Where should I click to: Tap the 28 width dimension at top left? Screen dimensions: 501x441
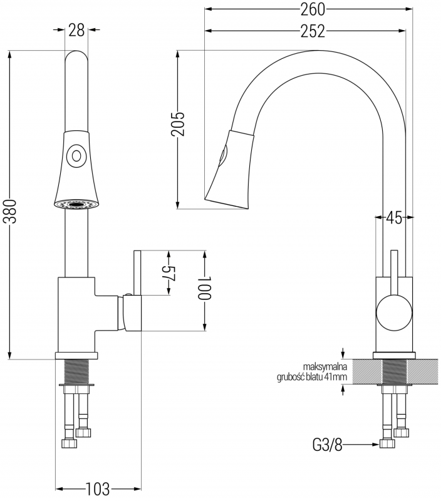(x=76, y=30)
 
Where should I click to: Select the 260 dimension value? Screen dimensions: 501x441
(x=309, y=9)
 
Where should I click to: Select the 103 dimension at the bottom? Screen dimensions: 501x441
(x=98, y=487)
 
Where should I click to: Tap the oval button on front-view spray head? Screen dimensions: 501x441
(x=76, y=154)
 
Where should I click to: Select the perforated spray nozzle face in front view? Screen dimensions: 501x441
(x=76, y=204)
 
